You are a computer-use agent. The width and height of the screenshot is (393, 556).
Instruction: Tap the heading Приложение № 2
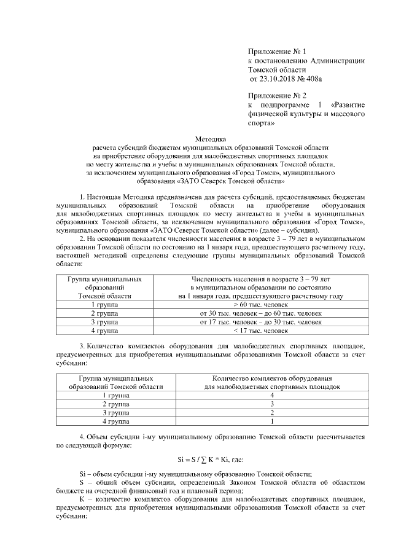click(277, 96)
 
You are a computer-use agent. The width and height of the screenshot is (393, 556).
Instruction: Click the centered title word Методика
click(211, 139)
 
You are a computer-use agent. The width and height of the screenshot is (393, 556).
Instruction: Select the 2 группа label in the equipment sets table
click(116, 405)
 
